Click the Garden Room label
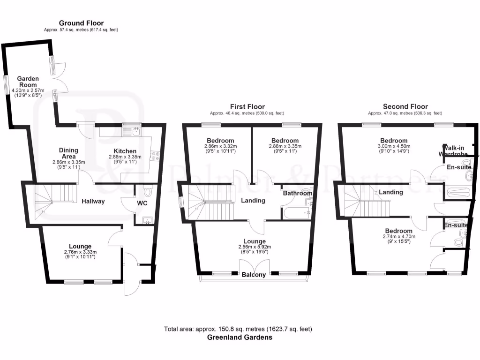[x=28, y=82]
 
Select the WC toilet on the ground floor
[x=148, y=191]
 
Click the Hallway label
[x=93, y=201]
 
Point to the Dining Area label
[x=68, y=153]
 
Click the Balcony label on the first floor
[x=254, y=275]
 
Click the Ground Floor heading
[x=81, y=23]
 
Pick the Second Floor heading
[x=405, y=106]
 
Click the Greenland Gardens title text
[x=240, y=337]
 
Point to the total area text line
[x=238, y=329]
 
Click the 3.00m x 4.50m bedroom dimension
[x=394, y=146]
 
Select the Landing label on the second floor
[x=391, y=192]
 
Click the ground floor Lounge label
[x=80, y=246]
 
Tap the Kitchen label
[x=125, y=151]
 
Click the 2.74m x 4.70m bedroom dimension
[x=399, y=237]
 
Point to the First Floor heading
[x=247, y=107]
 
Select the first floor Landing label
[x=253, y=201]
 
